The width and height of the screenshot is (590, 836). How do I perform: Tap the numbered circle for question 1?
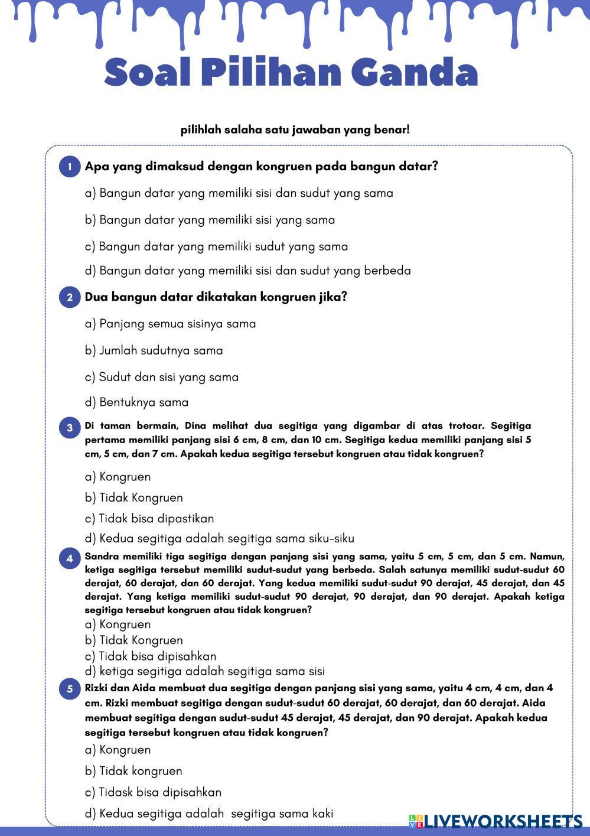(x=70, y=167)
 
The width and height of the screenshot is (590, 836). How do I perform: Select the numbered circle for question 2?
(x=70, y=297)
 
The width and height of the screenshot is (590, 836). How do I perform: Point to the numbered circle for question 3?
(x=70, y=428)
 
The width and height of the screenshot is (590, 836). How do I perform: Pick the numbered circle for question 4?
(x=70, y=558)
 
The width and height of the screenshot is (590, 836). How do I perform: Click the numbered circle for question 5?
(x=70, y=689)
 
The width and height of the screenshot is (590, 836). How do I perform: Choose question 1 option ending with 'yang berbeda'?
(x=247, y=271)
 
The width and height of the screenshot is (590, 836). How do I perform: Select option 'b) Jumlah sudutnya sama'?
(x=154, y=350)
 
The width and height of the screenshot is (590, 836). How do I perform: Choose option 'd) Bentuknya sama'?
(x=136, y=402)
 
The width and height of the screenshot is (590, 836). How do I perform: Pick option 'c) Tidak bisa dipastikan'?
(x=149, y=518)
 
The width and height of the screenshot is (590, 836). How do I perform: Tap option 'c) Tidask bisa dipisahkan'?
(x=153, y=792)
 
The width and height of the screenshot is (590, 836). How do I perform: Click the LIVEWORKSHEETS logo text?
(x=502, y=821)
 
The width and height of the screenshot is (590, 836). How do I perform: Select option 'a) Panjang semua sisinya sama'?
(x=170, y=324)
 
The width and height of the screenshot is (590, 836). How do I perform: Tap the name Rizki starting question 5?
(x=96, y=688)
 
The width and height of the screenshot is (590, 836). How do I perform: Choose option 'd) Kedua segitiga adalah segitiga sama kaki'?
(x=209, y=814)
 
